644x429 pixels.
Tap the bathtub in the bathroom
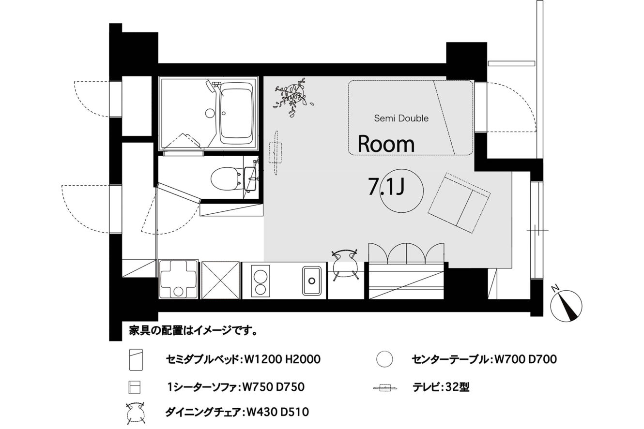tap(237, 115)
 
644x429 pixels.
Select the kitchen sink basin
tap(312, 281)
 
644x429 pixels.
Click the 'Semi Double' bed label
tap(401, 118)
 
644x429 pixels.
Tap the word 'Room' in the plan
tap(386, 144)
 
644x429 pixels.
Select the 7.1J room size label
tap(386, 187)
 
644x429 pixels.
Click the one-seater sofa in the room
tap(459, 203)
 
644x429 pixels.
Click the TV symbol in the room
tap(275, 153)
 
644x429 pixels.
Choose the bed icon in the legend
tap(136, 360)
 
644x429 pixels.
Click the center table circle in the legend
tap(384, 359)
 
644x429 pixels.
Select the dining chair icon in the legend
tap(136, 413)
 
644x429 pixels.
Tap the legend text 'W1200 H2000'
tap(282, 359)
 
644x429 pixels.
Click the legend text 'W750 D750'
tap(274, 387)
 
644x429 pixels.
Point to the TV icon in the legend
tap(385, 388)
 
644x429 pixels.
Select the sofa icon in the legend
tap(135, 387)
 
